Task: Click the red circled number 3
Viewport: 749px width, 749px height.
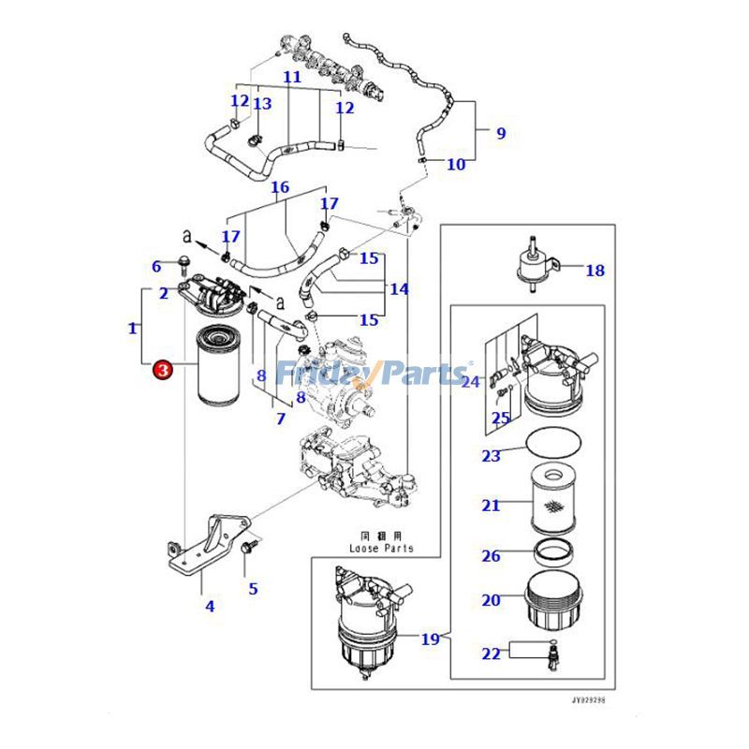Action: tap(163, 371)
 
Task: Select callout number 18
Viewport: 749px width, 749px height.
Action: tap(595, 272)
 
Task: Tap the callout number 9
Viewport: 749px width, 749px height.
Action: tap(500, 134)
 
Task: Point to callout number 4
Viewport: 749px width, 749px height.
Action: tap(210, 606)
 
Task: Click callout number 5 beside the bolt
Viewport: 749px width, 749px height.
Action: tap(253, 589)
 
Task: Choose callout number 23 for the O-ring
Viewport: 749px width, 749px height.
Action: tap(157, 267)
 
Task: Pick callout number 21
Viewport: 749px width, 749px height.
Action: tap(491, 506)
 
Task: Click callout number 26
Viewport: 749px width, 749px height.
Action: tap(491, 556)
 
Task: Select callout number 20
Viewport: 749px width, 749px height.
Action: tap(491, 600)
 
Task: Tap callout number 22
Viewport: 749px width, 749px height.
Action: tap(491, 654)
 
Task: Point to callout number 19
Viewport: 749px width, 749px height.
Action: tap(430, 639)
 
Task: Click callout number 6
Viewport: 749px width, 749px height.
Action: tap(157, 267)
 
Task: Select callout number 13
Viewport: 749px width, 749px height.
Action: tap(262, 104)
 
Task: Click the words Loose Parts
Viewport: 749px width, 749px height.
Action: tap(381, 548)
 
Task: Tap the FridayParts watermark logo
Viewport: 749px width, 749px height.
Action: tap(374, 374)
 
